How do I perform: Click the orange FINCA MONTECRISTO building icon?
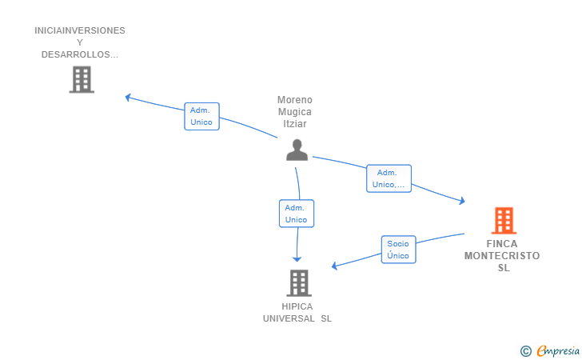click(x=503, y=220)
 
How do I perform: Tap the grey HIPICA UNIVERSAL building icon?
click(x=298, y=282)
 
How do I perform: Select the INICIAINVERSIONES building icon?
click(x=82, y=79)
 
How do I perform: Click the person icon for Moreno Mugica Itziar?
click(x=297, y=150)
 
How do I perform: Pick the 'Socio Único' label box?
click(x=397, y=250)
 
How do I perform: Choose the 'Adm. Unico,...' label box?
click(x=389, y=178)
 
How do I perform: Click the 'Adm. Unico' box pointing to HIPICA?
click(x=296, y=214)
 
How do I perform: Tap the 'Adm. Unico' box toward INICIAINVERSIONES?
click(x=201, y=117)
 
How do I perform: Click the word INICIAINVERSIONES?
click(x=80, y=30)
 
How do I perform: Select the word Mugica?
click(x=295, y=112)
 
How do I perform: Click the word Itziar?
click(x=295, y=124)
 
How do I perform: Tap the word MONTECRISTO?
click(x=502, y=256)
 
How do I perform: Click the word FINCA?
click(x=502, y=244)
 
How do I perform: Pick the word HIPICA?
click(x=297, y=306)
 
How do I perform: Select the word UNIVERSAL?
click(x=289, y=318)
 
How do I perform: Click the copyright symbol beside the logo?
click(x=525, y=350)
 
